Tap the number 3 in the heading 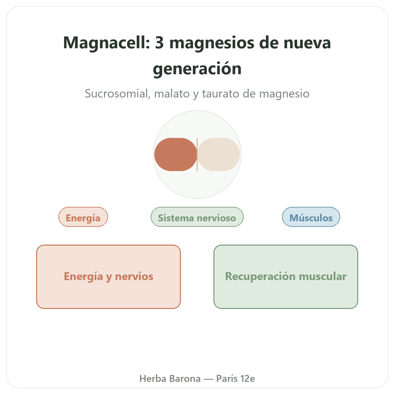click(x=160, y=43)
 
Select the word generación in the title click(x=197, y=69)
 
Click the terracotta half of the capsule click(x=175, y=154)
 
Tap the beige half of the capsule click(x=219, y=154)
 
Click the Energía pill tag click(x=83, y=217)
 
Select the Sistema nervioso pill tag click(x=197, y=217)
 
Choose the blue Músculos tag click(x=311, y=217)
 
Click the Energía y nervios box click(x=109, y=277)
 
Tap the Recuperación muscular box click(x=286, y=277)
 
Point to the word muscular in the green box click(x=323, y=276)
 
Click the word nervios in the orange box click(x=134, y=276)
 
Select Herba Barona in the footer click(x=170, y=379)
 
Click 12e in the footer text click(x=248, y=379)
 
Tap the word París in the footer click(x=227, y=379)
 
